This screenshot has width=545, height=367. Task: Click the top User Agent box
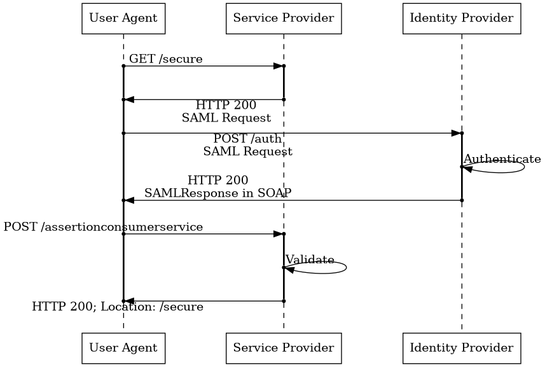coord(123,18)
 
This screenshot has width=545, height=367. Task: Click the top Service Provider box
coord(284,18)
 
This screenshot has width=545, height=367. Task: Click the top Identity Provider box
coord(462,18)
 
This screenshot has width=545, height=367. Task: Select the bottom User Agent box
coord(123,348)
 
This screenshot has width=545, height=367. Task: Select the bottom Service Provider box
coord(284,348)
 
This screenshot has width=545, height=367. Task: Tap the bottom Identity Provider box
coord(462,348)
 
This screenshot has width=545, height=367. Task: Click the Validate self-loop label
coord(310,260)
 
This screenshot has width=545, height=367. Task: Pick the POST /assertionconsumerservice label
coord(103,227)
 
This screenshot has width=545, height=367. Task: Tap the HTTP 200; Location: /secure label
coord(118,307)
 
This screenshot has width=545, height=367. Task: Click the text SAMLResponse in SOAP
coord(217,193)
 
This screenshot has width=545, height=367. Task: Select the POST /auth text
coord(247,139)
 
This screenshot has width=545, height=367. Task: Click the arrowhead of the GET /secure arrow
coord(278,66)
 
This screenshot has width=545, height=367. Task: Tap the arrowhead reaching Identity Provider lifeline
coord(456,133)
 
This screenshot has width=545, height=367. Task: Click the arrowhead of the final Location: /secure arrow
coord(129,301)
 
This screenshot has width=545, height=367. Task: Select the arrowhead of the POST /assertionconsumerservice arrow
coord(278,234)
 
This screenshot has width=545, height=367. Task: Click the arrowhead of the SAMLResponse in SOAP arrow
coord(129,200)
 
